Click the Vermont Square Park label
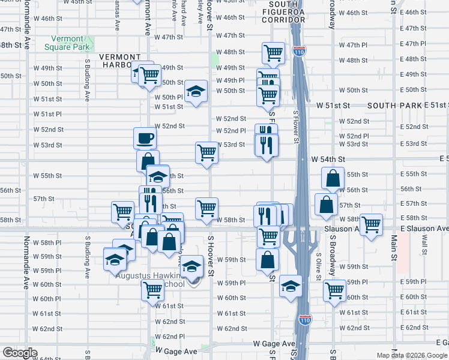[x=67, y=43]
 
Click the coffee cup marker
[x=145, y=138]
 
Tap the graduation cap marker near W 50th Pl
[x=196, y=91]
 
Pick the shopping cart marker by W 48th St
[x=273, y=53]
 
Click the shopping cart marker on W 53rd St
[x=206, y=152]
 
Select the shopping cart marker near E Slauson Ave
[x=372, y=224]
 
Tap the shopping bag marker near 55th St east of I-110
[x=333, y=178]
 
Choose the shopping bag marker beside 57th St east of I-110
[x=325, y=205]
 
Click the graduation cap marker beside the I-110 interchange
[x=291, y=286]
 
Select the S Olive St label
[x=318, y=262]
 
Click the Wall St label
[x=424, y=244]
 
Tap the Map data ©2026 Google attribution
[x=411, y=355]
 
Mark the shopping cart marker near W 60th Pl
[x=152, y=290]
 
